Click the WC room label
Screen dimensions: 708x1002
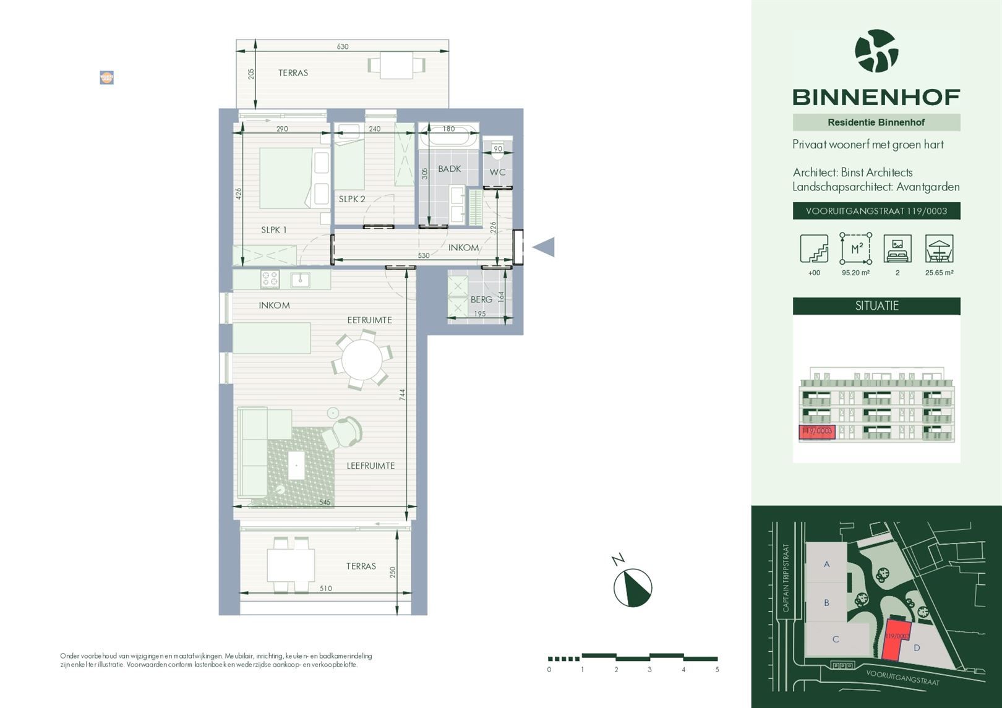tap(497, 172)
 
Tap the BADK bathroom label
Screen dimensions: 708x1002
tap(450, 169)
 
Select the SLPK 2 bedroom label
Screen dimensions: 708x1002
tap(352, 199)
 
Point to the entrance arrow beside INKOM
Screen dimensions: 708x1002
tap(544, 247)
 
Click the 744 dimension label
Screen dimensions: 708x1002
tap(402, 394)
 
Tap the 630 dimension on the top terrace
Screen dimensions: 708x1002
tap(343, 46)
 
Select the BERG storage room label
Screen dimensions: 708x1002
tap(481, 299)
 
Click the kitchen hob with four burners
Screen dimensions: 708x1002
tap(270, 279)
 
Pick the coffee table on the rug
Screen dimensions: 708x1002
tap(296, 465)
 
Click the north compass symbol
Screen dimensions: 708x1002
tap(632, 587)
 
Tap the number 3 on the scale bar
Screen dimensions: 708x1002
tap(649, 670)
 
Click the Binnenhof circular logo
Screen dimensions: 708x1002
tap(876, 51)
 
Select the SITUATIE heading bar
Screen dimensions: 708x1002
tap(876, 305)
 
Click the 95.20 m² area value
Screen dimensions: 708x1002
tap(855, 273)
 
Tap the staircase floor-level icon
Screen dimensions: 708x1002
tap(814, 249)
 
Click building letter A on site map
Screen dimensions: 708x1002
tap(826, 564)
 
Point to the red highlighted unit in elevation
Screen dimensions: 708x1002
tap(817, 432)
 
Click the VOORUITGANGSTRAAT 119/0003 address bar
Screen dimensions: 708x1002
tap(876, 211)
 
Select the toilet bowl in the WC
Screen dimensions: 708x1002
tap(497, 147)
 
